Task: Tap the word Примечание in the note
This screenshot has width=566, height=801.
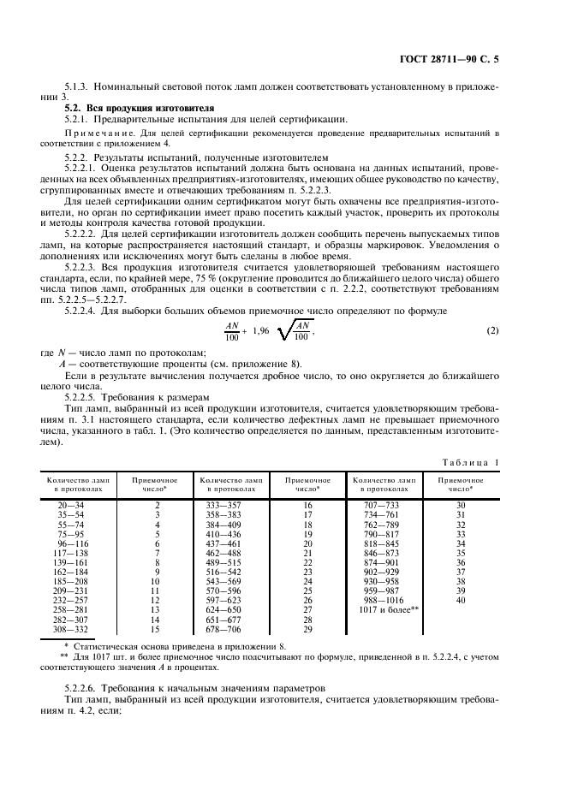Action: pyautogui.click(x=92, y=134)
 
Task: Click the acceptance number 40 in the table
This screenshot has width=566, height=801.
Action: pyautogui.click(x=461, y=600)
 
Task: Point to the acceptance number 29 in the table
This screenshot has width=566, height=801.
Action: pyautogui.click(x=307, y=629)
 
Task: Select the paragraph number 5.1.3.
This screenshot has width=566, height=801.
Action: pyautogui.click(x=77, y=88)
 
